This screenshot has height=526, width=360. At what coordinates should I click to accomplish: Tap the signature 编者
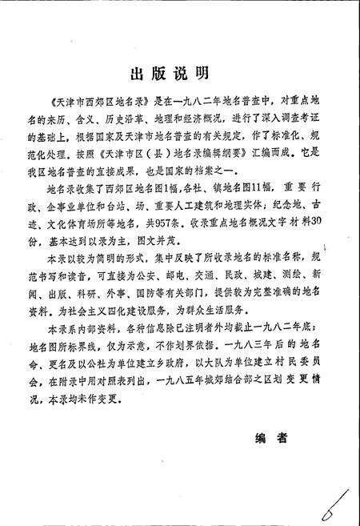271,438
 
